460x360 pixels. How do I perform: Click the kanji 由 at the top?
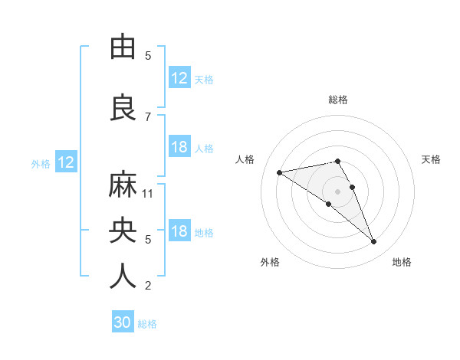coord(123,47)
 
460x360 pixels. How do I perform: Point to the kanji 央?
coord(123,231)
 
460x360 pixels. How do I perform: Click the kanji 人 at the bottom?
coord(123,277)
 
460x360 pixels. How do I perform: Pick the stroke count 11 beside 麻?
coord(148,193)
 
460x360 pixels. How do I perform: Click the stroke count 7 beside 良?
coord(148,116)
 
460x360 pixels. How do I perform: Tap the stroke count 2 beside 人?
coord(148,286)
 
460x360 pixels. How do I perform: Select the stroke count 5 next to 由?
coord(148,56)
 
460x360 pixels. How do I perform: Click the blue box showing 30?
coord(123,322)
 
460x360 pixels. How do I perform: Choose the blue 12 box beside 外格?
coord(65,162)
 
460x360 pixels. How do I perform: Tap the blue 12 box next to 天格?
coord(179,78)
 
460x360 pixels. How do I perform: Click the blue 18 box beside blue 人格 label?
coord(179,147)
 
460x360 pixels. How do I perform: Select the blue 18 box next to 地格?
coord(179,231)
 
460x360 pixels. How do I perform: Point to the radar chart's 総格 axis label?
coord(338,100)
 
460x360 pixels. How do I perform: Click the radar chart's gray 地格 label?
coord(402,262)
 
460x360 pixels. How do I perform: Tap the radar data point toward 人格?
coord(280,172)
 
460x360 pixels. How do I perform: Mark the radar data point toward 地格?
coord(374,242)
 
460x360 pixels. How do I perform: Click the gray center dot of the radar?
coord(338,191)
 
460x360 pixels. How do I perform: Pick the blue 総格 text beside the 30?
coord(147,324)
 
